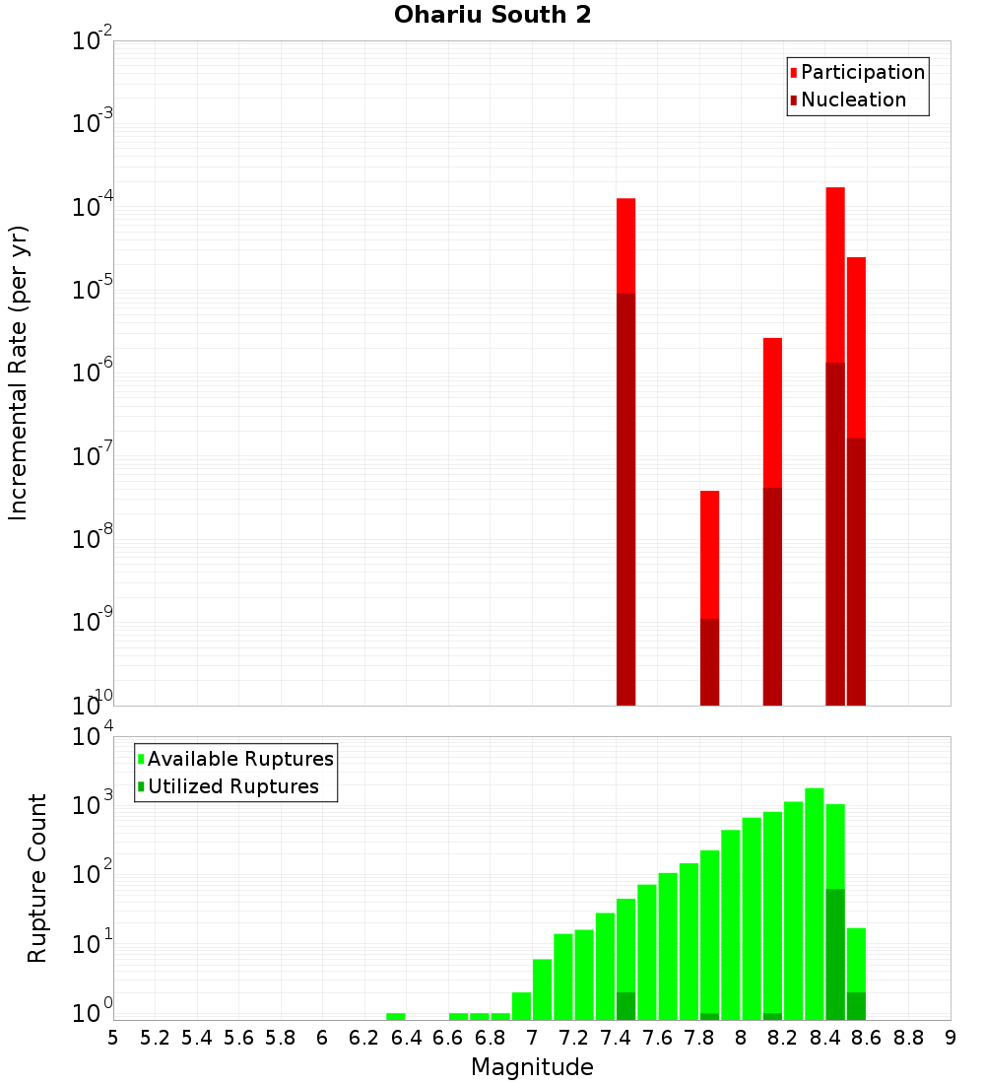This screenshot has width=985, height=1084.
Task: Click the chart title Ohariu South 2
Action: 492,16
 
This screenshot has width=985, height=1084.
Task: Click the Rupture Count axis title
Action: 37,877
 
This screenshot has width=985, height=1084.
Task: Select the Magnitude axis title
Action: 532,1067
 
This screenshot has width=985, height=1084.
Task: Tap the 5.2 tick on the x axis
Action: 156,1038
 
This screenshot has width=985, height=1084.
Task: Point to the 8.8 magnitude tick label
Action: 908,1038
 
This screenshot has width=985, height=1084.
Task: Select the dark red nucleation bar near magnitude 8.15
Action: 772,596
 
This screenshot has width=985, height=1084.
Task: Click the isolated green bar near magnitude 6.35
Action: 396,1016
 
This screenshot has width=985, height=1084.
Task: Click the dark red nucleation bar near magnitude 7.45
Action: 625,499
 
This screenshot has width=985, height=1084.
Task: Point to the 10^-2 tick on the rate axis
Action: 93,41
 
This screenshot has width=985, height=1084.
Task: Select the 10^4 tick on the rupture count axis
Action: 95,737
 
